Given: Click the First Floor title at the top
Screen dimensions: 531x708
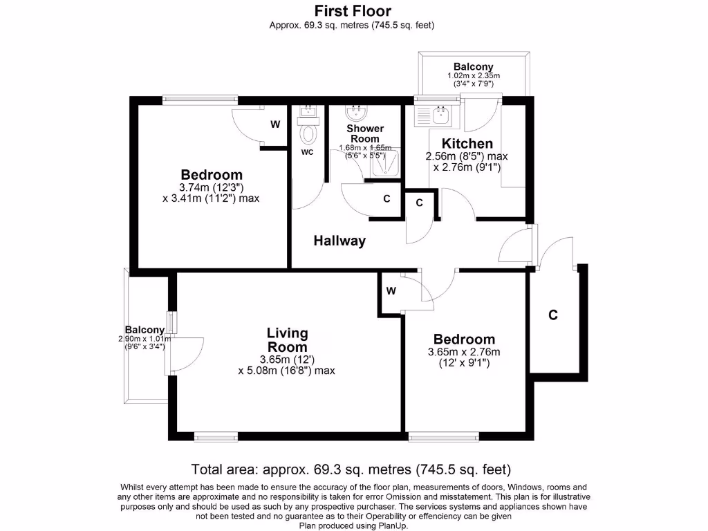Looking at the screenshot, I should point(353,11).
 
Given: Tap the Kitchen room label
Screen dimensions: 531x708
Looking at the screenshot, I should point(467,144).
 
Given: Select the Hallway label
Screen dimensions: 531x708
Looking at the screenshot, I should point(339,241).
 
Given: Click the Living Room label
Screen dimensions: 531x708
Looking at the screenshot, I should point(287,340).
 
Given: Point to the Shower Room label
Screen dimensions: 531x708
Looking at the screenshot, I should point(364,133).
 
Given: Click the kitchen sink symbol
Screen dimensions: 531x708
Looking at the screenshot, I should point(434,115).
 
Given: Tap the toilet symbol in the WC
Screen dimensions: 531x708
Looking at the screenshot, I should point(308,133).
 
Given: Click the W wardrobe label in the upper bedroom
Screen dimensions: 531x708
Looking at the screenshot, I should point(274,124).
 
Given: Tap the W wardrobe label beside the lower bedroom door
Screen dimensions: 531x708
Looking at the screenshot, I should point(391,291).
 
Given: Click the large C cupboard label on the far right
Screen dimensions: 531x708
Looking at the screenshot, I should point(552,315).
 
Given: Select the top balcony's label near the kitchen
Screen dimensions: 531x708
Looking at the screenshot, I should point(473,67).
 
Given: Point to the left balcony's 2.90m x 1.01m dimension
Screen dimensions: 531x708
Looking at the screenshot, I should point(145,339).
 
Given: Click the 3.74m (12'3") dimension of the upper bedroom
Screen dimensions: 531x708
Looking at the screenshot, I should point(212,187).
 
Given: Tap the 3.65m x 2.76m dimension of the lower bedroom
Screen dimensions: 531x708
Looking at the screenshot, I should point(463,352).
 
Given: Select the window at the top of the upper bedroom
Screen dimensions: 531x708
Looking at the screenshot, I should point(198,100).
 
